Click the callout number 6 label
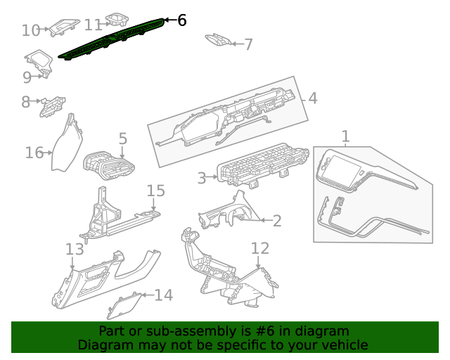[x=181, y=20]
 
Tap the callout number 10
[x=31, y=30]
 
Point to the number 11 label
[x=93, y=25]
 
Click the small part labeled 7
[x=218, y=40]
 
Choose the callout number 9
[x=27, y=77]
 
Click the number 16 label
[x=34, y=153]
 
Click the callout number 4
[x=312, y=98]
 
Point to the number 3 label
[x=201, y=178]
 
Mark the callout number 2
[x=276, y=221]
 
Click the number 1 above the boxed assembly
[x=345, y=136]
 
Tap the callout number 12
[x=260, y=247]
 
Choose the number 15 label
[x=155, y=191]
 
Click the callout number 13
[x=75, y=249]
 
